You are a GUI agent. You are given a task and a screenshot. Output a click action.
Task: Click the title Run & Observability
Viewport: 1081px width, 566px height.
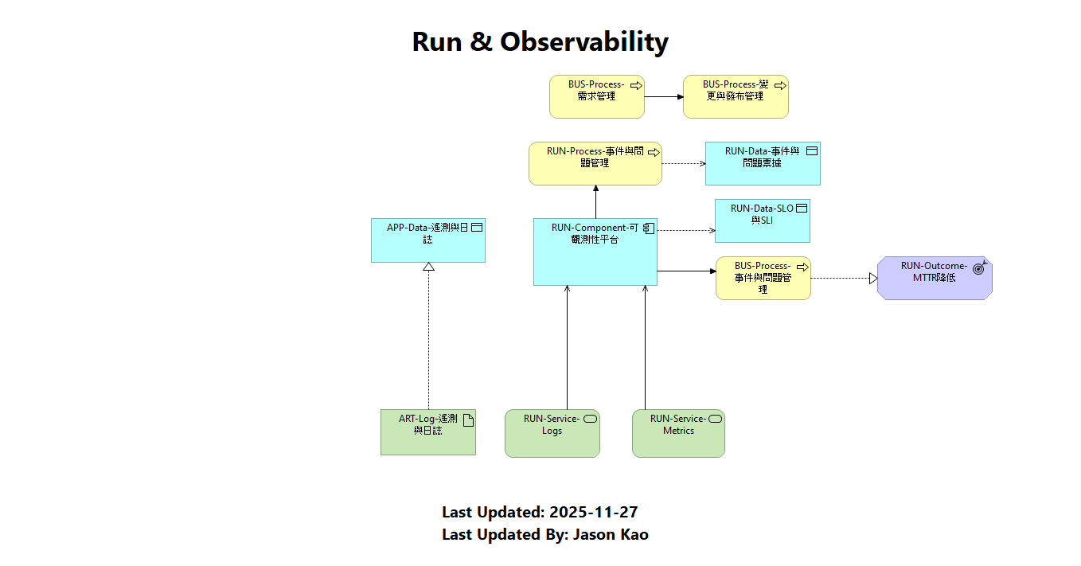(x=540, y=41)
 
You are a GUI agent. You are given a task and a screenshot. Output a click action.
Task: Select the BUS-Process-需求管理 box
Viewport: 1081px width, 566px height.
(x=596, y=97)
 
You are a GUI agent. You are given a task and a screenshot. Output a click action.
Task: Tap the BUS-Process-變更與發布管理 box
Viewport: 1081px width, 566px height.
(x=736, y=97)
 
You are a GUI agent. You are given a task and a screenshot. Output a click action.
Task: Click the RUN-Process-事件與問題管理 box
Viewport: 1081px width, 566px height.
(x=595, y=164)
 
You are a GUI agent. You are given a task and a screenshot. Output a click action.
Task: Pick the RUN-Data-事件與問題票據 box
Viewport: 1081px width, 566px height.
(x=762, y=164)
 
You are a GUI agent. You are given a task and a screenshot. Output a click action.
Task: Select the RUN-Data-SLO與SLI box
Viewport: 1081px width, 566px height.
(x=762, y=221)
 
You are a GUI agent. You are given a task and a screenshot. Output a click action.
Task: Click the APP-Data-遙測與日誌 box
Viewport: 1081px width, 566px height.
(x=427, y=240)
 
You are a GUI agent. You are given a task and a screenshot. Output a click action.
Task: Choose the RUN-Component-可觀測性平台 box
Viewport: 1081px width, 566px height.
(x=595, y=252)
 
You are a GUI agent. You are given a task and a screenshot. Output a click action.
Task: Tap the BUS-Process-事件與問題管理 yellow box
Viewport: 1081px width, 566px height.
(x=763, y=279)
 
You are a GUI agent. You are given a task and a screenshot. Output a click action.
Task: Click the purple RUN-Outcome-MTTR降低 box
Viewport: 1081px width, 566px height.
(x=934, y=279)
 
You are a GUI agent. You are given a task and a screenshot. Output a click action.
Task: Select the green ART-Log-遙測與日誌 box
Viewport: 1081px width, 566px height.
(x=427, y=432)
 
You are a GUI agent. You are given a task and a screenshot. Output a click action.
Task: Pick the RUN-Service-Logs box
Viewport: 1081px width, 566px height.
(x=552, y=434)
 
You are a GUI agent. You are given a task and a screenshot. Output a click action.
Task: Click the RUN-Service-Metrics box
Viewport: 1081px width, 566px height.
(x=678, y=434)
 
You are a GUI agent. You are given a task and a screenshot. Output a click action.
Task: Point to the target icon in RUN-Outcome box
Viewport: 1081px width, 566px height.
(x=979, y=268)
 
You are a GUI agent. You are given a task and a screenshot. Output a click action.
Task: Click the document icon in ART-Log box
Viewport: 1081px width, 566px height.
(x=468, y=420)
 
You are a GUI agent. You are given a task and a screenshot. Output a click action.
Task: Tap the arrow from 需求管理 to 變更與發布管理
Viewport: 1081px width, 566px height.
(x=663, y=97)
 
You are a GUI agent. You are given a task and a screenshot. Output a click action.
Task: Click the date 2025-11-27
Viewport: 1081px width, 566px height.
(x=593, y=512)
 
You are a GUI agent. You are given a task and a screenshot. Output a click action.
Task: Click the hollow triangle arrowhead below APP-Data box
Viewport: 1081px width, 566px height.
(x=428, y=267)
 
